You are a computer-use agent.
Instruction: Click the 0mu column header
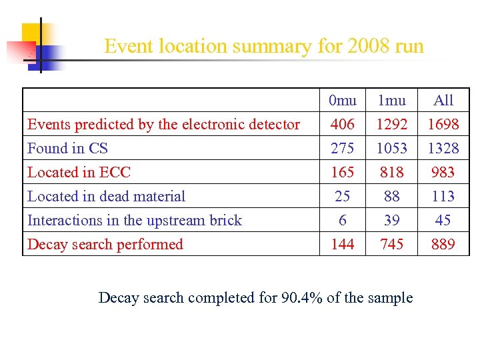pyautogui.click(x=343, y=101)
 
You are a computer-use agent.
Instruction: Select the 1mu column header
pyautogui.click(x=391, y=101)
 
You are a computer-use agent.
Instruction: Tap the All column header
pyautogui.click(x=443, y=101)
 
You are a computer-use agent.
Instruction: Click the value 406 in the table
pyautogui.click(x=343, y=125)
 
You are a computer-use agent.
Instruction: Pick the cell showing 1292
pyautogui.click(x=391, y=125)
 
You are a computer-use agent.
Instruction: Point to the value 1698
pyautogui.click(x=443, y=125)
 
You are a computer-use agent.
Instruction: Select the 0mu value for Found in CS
pyautogui.click(x=343, y=149)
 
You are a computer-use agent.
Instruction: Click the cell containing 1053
pyautogui.click(x=391, y=149)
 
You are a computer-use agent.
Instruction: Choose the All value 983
pyautogui.click(x=443, y=173)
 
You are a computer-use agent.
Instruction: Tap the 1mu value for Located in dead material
pyautogui.click(x=391, y=197)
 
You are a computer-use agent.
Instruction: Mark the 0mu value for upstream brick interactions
pyautogui.click(x=343, y=221)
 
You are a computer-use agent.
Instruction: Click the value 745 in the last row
pyautogui.click(x=391, y=245)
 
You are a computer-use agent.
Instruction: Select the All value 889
pyautogui.click(x=443, y=245)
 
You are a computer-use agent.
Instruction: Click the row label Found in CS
pyautogui.click(x=67, y=149)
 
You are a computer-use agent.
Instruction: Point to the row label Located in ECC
pyautogui.click(x=79, y=173)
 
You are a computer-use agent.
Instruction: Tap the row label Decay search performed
pyautogui.click(x=105, y=245)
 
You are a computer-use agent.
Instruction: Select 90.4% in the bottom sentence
pyautogui.click(x=299, y=298)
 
